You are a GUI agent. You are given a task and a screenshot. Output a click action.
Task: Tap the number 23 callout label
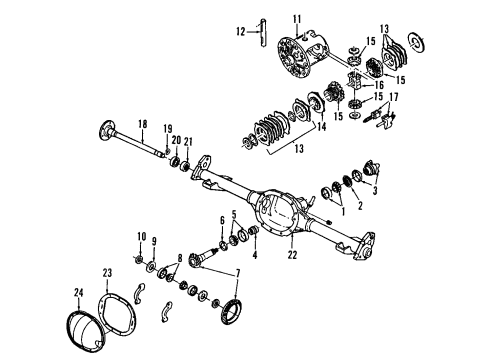[x=106, y=273]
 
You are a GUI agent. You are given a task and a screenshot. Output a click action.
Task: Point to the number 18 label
[x=142, y=124]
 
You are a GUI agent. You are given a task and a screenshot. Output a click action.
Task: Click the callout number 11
[x=297, y=19]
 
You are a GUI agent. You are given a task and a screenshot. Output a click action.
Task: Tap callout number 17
[x=393, y=96]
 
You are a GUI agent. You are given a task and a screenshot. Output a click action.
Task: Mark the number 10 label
[x=140, y=235]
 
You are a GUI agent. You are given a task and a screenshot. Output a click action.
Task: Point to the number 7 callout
[x=237, y=273]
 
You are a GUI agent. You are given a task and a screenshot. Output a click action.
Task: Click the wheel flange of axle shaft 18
[x=105, y=130]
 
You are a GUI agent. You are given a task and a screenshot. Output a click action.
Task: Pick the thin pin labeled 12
[x=259, y=36]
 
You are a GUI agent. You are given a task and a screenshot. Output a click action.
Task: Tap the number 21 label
[x=187, y=141]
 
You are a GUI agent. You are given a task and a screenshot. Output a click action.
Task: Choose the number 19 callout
[x=168, y=128]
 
